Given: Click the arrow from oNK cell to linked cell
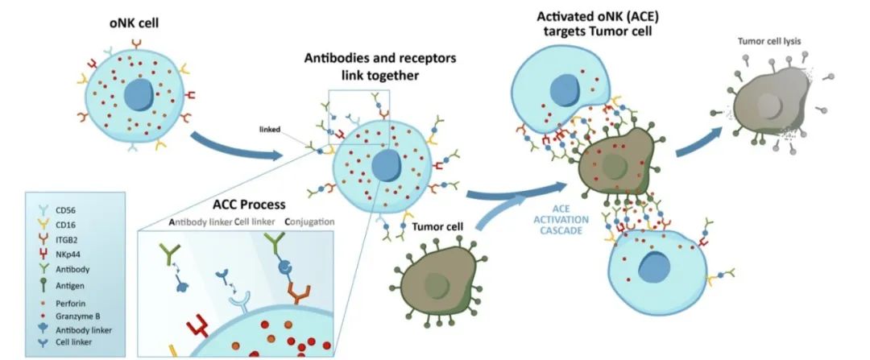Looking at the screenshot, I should (234, 145).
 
